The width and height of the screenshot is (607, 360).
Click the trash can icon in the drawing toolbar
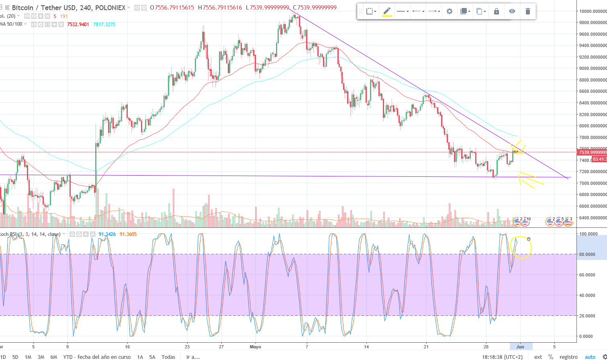(x=527, y=11)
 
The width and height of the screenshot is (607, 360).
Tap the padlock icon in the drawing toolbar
(x=497, y=11)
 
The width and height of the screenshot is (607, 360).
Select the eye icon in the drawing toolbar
(x=512, y=11)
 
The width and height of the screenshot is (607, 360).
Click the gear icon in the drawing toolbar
(x=450, y=11)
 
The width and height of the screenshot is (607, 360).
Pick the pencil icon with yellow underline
(x=386, y=11)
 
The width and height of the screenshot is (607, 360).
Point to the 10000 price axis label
(x=593, y=11)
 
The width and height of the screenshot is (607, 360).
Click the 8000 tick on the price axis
(x=593, y=126)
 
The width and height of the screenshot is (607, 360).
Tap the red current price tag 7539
(x=592, y=152)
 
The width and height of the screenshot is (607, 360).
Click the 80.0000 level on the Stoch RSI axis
(x=587, y=254)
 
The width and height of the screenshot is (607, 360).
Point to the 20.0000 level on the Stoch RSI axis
(x=587, y=316)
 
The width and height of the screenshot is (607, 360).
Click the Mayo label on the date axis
(x=255, y=347)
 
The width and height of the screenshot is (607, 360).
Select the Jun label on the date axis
(x=520, y=347)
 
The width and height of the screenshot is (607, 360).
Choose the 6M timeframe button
(x=54, y=357)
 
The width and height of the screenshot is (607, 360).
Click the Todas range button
(x=168, y=357)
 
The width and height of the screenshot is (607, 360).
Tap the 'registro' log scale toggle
(x=568, y=357)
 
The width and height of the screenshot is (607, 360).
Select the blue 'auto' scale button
(x=590, y=357)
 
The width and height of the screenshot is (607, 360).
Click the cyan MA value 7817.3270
(x=104, y=25)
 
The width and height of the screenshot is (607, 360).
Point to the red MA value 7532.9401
(x=78, y=25)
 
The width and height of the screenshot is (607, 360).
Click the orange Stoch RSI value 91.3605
(x=128, y=234)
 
